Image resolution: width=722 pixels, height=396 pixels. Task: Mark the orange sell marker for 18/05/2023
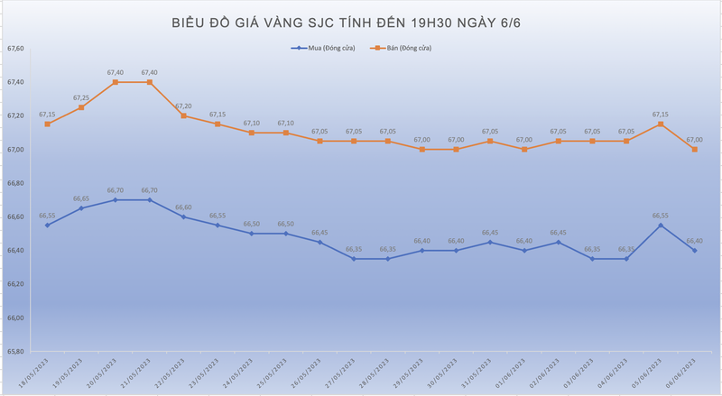pyautogui.click(x=47, y=124)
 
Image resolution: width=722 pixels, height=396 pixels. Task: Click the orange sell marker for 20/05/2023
pyautogui.click(x=116, y=82)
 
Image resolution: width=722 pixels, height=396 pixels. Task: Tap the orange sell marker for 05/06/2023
pyautogui.click(x=660, y=124)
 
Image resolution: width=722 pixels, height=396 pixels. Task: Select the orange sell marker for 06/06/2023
pyautogui.click(x=694, y=149)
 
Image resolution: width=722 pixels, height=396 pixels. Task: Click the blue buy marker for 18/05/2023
pyautogui.click(x=47, y=225)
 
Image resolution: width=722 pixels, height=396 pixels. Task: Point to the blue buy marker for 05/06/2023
pyautogui.click(x=660, y=225)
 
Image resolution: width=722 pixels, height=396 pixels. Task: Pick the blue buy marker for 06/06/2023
pyautogui.click(x=694, y=250)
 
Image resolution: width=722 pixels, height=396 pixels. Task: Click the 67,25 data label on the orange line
pyautogui.click(x=81, y=97)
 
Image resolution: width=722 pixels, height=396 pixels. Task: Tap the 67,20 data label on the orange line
pyautogui.click(x=183, y=106)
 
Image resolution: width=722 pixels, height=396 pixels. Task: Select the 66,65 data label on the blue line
pyautogui.click(x=81, y=198)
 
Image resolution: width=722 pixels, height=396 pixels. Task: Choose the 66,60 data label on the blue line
pyautogui.click(x=183, y=207)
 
